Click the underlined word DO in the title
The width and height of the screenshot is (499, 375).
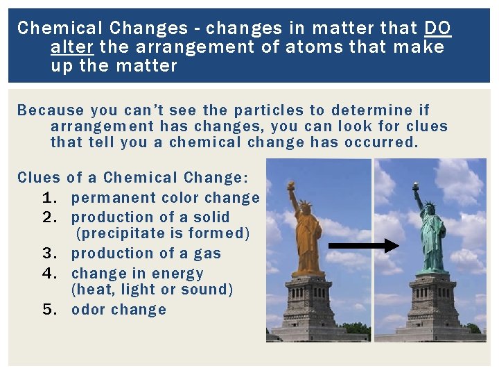pos(437,28)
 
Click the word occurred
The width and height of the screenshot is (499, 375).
pos(383,142)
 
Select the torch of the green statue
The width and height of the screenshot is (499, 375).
pos(416,187)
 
